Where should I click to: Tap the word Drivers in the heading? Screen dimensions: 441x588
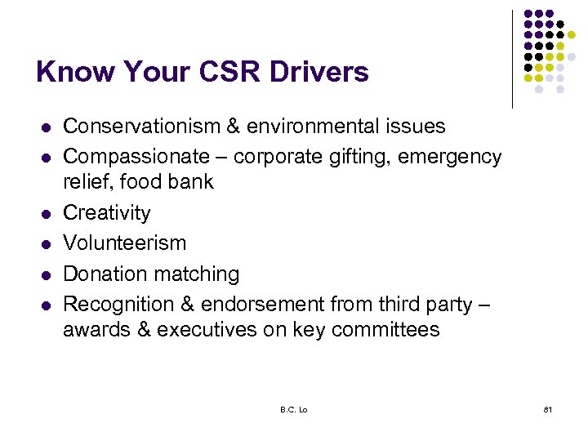[315, 72]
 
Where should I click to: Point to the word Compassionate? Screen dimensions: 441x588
[136, 157]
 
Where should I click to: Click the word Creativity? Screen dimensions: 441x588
[107, 213]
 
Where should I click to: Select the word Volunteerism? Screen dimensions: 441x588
[124, 243]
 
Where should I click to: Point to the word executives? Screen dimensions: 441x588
[203, 330]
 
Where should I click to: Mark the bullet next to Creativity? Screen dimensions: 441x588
[46, 214]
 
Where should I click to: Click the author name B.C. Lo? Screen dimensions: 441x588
[293, 409]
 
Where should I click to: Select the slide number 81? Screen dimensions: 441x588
[546, 409]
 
